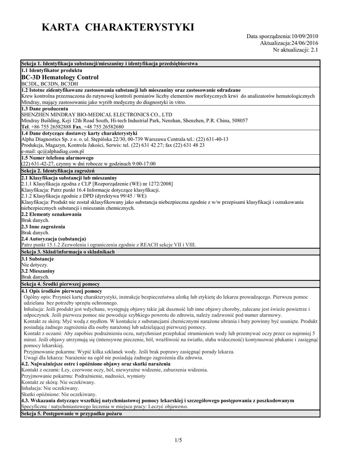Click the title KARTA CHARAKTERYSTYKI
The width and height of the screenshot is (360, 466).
118,28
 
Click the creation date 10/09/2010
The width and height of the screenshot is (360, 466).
304,36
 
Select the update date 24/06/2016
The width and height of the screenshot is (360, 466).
304,43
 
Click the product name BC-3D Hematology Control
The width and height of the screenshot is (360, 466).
60,78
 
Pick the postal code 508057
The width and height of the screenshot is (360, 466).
239,121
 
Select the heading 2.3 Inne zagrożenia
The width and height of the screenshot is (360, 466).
43,226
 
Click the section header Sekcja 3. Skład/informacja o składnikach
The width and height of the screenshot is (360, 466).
68,252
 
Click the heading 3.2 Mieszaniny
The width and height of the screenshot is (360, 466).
38,270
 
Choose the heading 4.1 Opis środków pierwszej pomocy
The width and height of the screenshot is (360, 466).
61,291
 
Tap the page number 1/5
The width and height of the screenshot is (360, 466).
178,440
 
